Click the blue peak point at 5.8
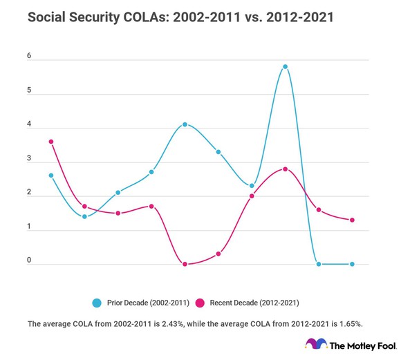[x=285, y=67]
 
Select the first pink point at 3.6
[x=51, y=142]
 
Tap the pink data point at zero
[x=185, y=264]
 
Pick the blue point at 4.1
[x=185, y=124]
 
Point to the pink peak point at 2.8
[x=285, y=169]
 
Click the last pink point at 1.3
[x=352, y=220]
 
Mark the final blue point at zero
[x=352, y=264]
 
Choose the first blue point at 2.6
[x=51, y=176]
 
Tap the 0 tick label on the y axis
[x=30, y=260]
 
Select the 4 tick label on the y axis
[x=30, y=125]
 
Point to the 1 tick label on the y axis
[x=30, y=227]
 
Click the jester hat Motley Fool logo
[x=316, y=345]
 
